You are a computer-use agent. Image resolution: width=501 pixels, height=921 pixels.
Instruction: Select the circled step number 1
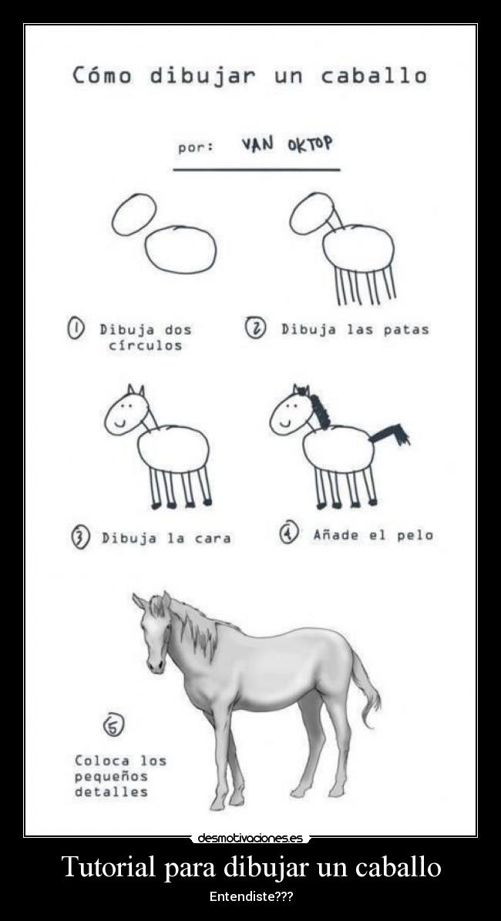point(76,329)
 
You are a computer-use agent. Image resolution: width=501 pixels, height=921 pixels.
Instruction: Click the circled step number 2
point(256,328)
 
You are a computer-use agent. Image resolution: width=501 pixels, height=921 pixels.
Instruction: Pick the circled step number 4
point(289,533)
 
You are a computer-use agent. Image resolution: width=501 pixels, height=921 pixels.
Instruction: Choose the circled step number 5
point(113,725)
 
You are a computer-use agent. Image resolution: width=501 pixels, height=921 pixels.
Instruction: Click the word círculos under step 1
point(145,345)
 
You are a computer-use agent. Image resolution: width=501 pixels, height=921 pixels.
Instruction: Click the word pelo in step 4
point(415,535)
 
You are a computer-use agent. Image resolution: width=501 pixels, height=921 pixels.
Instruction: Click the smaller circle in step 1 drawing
point(134,213)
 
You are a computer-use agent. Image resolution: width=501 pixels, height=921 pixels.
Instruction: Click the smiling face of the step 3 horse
point(126,412)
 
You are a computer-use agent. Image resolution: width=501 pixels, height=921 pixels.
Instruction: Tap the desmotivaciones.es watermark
point(250,838)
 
